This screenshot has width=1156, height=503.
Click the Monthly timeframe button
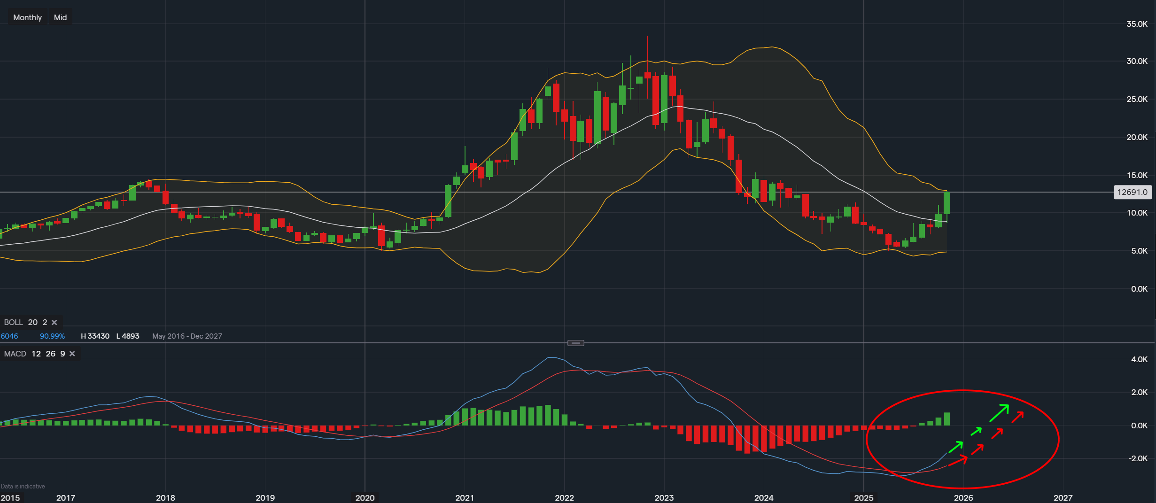coord(27,17)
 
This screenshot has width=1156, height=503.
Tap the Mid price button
coord(60,17)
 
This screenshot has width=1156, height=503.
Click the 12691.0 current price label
coord(1132,192)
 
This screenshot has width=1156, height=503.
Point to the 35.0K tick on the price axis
coord(1136,24)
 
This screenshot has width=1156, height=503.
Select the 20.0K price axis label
coord(1136,137)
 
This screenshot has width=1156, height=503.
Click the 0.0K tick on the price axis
coord(1139,289)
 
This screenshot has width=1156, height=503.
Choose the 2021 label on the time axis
coord(464,497)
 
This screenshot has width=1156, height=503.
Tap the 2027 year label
coord(1063,497)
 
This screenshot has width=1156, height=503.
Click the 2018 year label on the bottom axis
coord(165,497)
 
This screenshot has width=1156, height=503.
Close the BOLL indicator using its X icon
coord(54,322)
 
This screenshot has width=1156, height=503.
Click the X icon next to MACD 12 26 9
coord(72,354)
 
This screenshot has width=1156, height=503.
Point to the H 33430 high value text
coord(95,336)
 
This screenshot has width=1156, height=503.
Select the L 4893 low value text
coord(128,336)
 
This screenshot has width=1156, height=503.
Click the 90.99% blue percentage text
coord(52,336)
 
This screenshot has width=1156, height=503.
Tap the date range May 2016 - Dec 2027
coord(187,336)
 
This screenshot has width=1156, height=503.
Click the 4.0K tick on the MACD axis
coord(1139,359)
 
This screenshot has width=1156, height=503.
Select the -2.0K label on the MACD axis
coord(1138,458)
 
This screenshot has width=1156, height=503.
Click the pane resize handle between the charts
coord(575,343)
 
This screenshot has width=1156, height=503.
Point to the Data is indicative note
coord(23,486)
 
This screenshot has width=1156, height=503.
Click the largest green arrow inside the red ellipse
coord(999,413)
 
